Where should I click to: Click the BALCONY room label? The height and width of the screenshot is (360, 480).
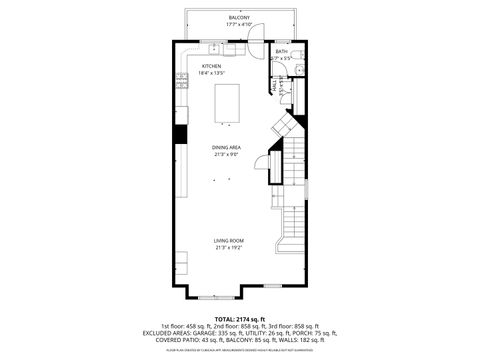coord(239,18)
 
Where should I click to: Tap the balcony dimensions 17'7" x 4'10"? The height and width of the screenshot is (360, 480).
coord(239,25)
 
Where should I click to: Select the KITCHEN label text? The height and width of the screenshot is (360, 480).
coord(211,66)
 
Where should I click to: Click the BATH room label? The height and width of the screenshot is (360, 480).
coord(281,51)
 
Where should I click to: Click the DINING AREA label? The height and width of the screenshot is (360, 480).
coord(226,147)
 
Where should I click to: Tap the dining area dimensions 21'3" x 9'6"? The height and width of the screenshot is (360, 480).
coord(226,154)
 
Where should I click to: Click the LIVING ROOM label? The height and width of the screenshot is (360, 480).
coord(227,240)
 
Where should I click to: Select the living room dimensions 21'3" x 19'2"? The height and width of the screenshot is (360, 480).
coord(227,247)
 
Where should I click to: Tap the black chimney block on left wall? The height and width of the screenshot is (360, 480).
coord(181,135)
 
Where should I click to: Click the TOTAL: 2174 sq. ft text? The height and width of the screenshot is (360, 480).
coord(240,318)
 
